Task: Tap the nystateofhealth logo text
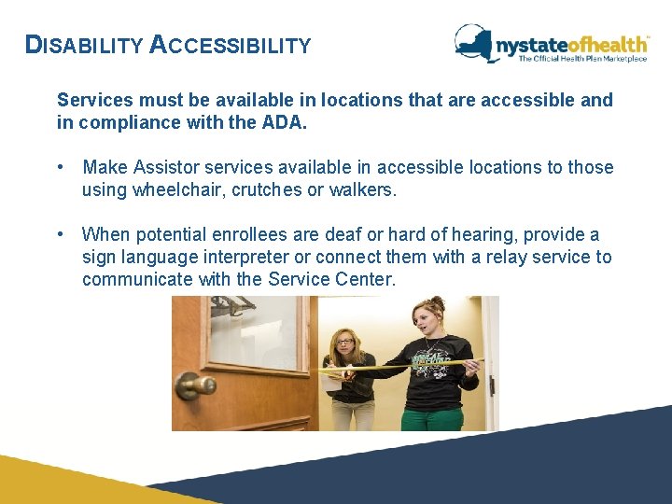point(571,43)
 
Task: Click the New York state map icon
point(474,42)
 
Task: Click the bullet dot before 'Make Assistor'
point(60,167)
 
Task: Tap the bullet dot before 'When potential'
point(60,234)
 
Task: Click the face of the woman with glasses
point(343,346)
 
